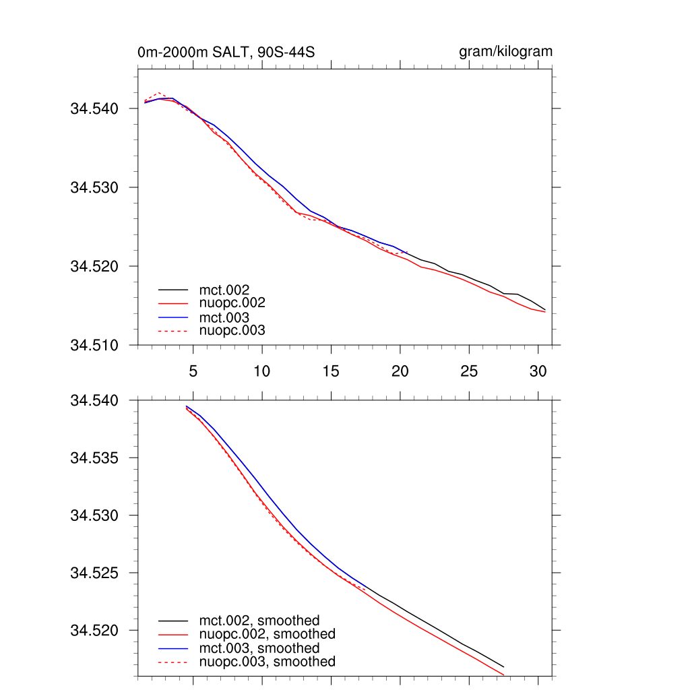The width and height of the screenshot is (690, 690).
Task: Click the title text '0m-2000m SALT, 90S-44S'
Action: (226, 53)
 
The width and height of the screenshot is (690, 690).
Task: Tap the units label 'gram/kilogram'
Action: (505, 52)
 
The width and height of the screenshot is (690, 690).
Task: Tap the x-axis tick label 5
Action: (193, 371)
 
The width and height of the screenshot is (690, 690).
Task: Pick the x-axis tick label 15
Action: (331, 371)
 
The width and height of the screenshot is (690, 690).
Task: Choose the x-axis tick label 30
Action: (538, 371)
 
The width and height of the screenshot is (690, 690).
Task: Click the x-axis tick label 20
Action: (400, 371)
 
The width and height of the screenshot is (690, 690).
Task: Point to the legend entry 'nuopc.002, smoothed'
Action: (267, 634)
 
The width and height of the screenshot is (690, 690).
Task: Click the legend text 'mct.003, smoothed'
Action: (259, 648)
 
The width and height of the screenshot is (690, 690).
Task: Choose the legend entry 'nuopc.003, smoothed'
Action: (267, 662)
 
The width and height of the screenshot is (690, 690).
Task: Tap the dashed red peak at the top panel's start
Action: (158, 93)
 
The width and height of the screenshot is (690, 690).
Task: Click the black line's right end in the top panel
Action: (544, 309)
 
